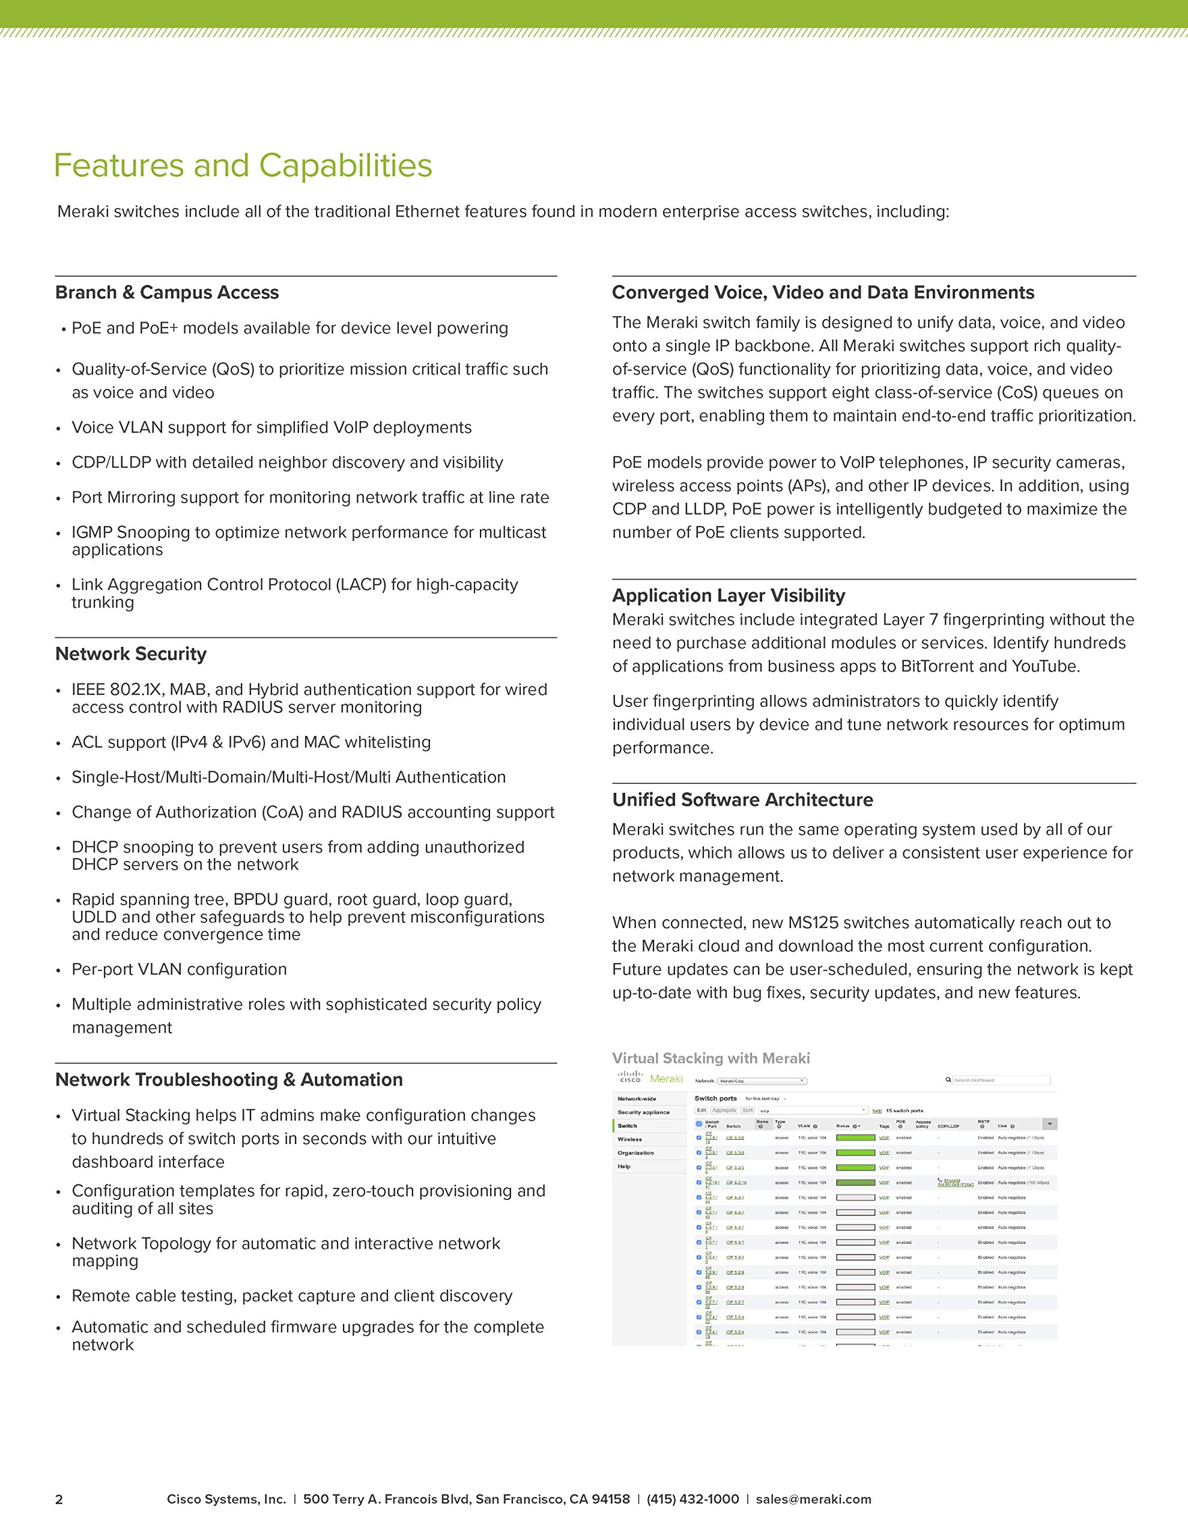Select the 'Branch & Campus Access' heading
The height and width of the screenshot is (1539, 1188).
(167, 292)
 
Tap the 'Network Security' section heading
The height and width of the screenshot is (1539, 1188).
(131, 654)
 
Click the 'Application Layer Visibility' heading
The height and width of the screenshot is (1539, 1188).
(728, 595)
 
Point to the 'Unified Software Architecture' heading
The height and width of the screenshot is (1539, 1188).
(742, 800)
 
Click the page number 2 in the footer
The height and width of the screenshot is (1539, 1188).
(59, 1499)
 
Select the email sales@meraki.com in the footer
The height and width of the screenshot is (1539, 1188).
(813, 1499)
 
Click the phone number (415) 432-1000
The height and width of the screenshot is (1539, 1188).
(692, 1499)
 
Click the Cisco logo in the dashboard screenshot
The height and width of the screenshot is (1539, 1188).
(630, 1077)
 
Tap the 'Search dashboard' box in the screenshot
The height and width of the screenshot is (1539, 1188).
(1000, 1080)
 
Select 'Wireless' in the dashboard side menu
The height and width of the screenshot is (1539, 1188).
(629, 1139)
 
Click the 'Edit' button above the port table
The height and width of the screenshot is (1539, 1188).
(702, 1110)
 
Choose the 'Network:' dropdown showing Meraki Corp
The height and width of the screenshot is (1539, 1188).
(760, 1081)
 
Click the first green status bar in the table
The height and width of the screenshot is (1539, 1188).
(855, 1137)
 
